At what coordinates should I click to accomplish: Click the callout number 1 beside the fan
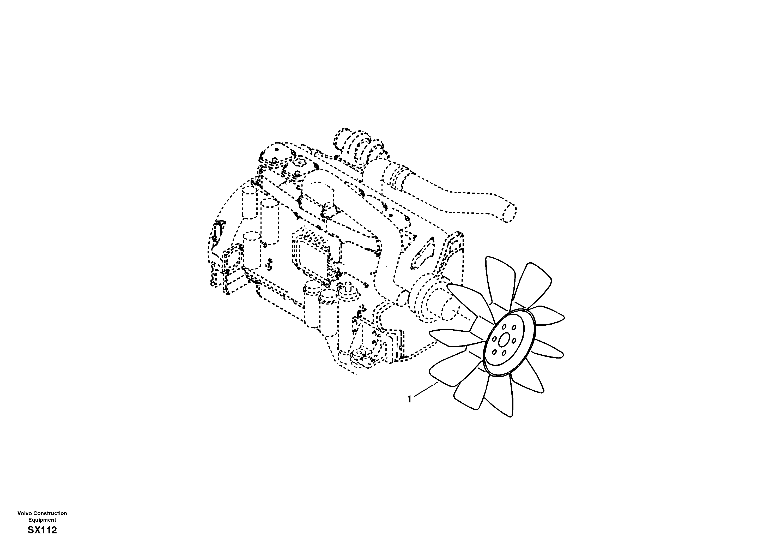410,399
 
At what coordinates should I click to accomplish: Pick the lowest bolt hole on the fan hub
504,353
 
